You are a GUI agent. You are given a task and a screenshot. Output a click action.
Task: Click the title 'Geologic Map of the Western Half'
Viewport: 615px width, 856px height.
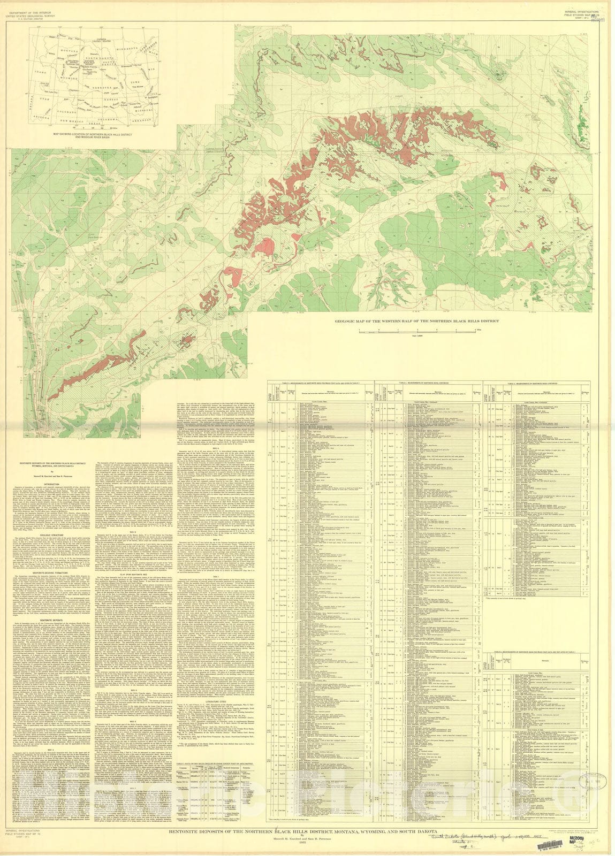pos(402,322)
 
